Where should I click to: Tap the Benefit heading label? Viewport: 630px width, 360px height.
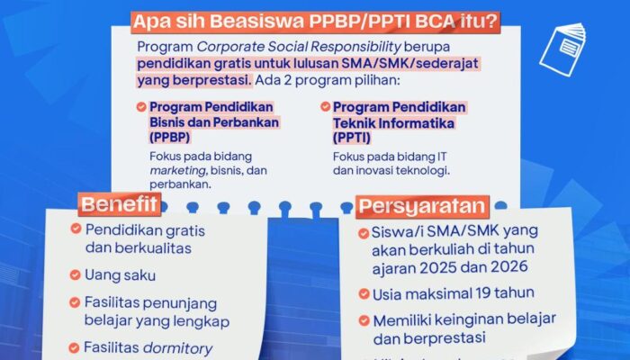pos(120,205)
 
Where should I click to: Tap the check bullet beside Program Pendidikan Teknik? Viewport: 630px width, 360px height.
pos(323,107)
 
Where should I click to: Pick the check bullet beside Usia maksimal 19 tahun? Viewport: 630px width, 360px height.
pos(364,293)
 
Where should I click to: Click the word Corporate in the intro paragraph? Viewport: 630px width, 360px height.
pos(233,46)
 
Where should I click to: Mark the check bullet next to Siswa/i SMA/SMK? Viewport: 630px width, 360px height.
pos(364,232)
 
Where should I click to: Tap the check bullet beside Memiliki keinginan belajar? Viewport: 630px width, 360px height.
pos(364,319)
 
